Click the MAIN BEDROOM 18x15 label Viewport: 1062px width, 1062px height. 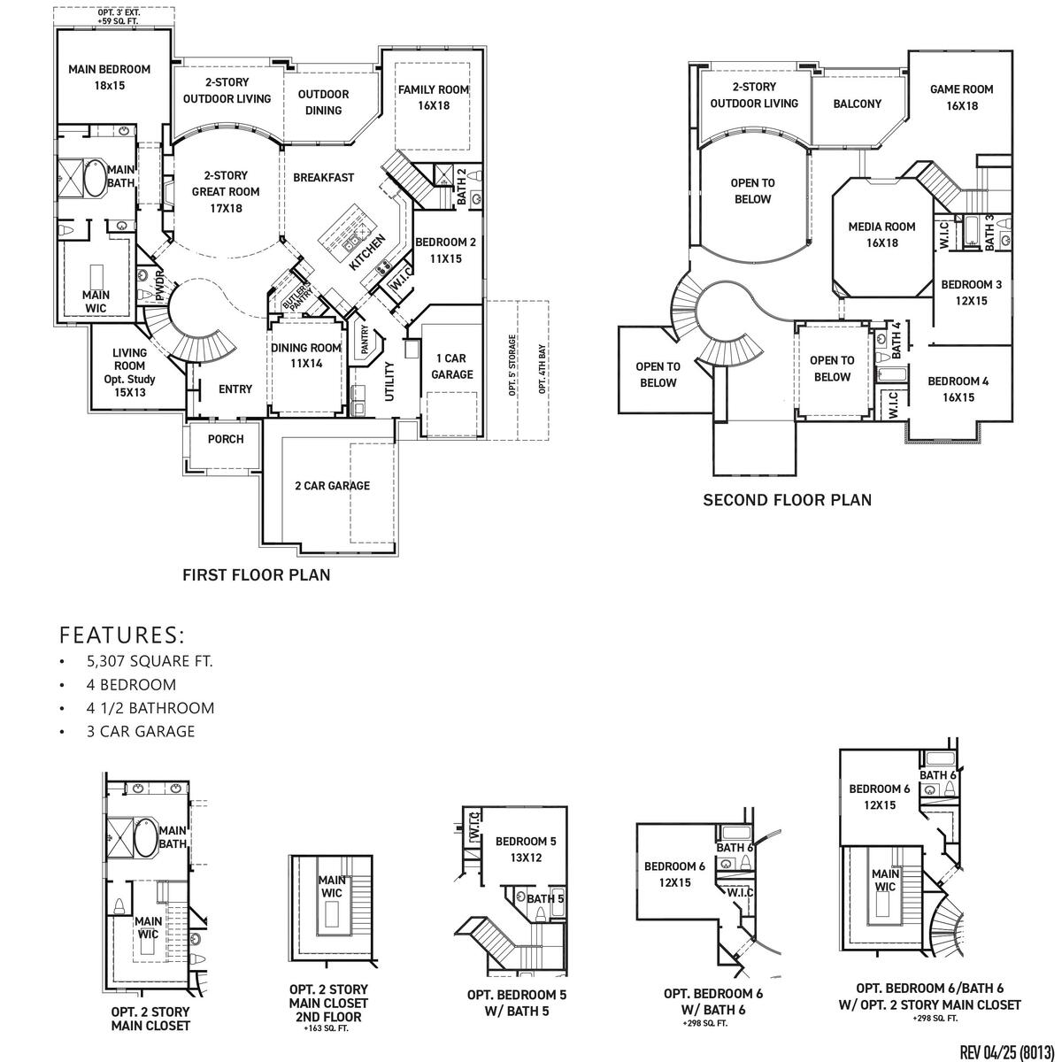[110, 77]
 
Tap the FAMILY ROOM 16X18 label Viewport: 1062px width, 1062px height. [434, 97]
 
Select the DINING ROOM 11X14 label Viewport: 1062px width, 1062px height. [306, 356]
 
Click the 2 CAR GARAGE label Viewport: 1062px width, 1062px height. [332, 486]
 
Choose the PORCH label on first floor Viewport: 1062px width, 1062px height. [226, 439]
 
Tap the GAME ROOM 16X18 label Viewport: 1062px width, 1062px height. [961, 97]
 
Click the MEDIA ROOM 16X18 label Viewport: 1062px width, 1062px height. [881, 234]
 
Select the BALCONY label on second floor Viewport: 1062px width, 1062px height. [857, 104]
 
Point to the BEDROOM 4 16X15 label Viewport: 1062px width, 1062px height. [958, 389]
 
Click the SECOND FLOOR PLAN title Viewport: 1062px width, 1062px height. [787, 500]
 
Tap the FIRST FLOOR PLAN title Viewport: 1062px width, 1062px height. [257, 575]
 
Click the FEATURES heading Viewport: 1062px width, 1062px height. [122, 635]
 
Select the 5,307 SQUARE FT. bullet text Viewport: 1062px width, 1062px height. [150, 661]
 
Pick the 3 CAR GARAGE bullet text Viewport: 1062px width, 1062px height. [141, 731]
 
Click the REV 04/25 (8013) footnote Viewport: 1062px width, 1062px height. [1007, 1050]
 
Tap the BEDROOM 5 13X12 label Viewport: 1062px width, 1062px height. [526, 849]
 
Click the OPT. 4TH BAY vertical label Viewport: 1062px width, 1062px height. [543, 370]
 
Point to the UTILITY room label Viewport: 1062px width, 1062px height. [389, 381]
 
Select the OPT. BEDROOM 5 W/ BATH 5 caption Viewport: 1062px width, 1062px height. [517, 1002]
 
